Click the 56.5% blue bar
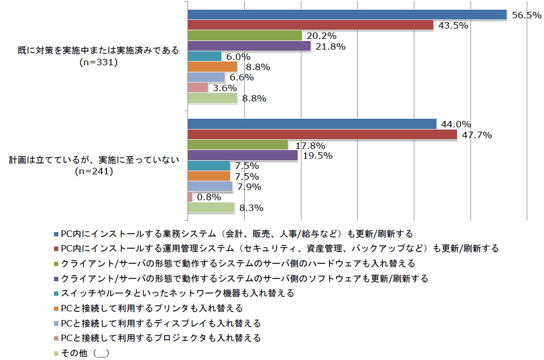(x=347, y=15)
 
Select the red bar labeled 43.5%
(x=310, y=25)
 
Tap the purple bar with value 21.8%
(x=249, y=46)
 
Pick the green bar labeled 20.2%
(x=245, y=36)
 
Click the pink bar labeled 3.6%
(x=198, y=87)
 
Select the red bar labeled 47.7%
(x=322, y=134)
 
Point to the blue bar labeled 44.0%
(x=312, y=124)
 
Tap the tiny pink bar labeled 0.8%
(x=190, y=197)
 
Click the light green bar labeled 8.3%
(x=211, y=207)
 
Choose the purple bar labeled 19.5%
(x=243, y=155)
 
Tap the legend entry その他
(x=85, y=353)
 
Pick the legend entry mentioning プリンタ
(x=151, y=308)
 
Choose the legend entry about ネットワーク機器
(x=177, y=293)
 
